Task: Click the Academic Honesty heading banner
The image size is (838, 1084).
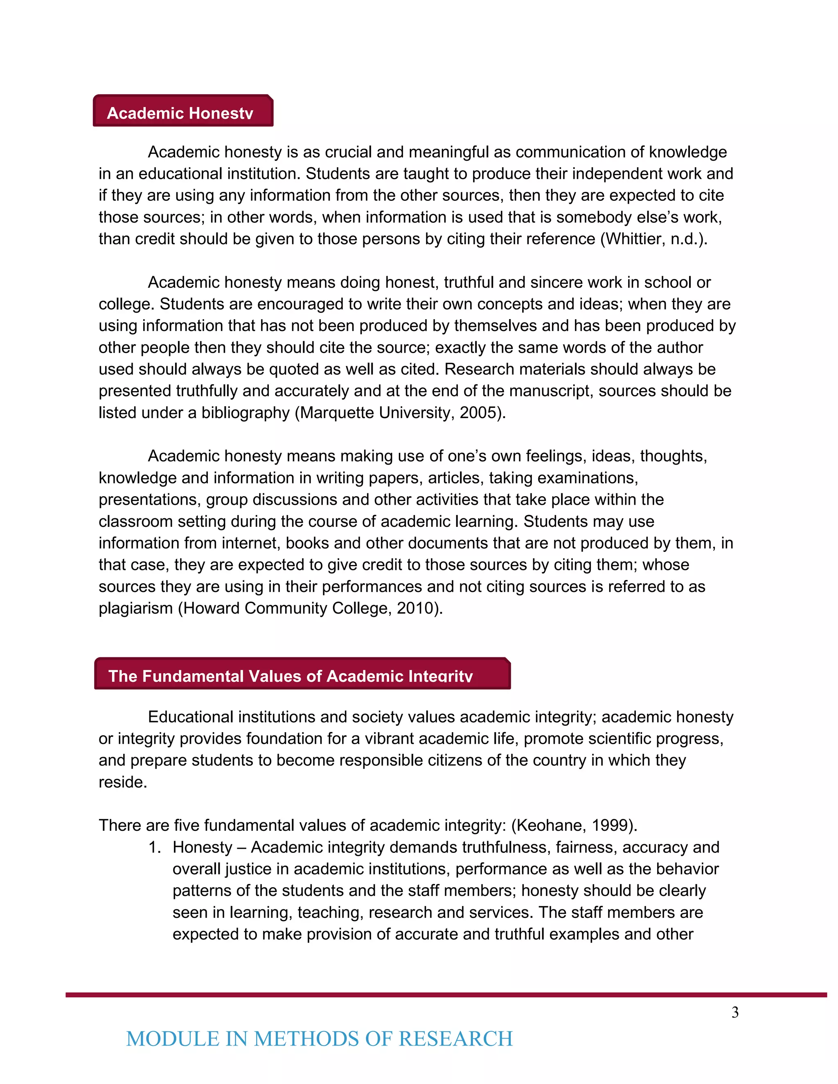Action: pos(182,111)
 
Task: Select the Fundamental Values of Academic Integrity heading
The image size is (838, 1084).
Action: pos(302,674)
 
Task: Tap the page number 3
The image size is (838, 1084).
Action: pos(735,1012)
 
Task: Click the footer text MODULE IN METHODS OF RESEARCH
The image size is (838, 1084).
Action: pos(319,1039)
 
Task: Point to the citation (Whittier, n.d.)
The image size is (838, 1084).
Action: pos(654,239)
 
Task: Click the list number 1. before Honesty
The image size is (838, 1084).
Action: pos(155,847)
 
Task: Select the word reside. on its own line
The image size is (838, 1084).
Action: pos(123,782)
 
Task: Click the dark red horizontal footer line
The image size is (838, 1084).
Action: pos(446,995)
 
